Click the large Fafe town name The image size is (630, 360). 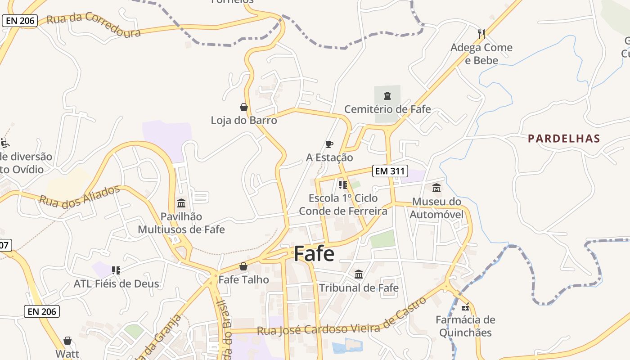pyautogui.click(x=314, y=254)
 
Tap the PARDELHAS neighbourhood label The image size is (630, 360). pyautogui.click(x=564, y=139)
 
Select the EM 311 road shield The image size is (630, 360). pyautogui.click(x=390, y=171)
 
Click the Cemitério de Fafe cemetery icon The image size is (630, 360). pyautogui.click(x=387, y=95)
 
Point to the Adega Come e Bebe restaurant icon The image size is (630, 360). pyautogui.click(x=481, y=34)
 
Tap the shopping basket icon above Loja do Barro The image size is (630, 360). pyautogui.click(x=243, y=107)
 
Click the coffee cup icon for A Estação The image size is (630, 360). pyautogui.click(x=329, y=144)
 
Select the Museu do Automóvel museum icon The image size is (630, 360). pyautogui.click(x=436, y=188)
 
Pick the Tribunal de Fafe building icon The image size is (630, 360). pyautogui.click(x=359, y=274)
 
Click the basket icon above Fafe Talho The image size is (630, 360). pyautogui.click(x=243, y=266)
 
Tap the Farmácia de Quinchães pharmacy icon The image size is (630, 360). pyautogui.click(x=465, y=307)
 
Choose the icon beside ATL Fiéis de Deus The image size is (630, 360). pyautogui.click(x=116, y=270)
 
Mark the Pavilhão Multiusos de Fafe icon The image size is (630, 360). pyautogui.click(x=181, y=203)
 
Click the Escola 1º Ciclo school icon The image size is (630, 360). pyautogui.click(x=343, y=184)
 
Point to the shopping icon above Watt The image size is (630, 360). pyautogui.click(x=67, y=340)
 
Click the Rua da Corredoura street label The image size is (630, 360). pyautogui.click(x=94, y=25)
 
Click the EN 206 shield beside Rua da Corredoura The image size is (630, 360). pyautogui.click(x=20, y=21)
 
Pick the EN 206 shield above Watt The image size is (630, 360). pyautogui.click(x=42, y=311)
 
